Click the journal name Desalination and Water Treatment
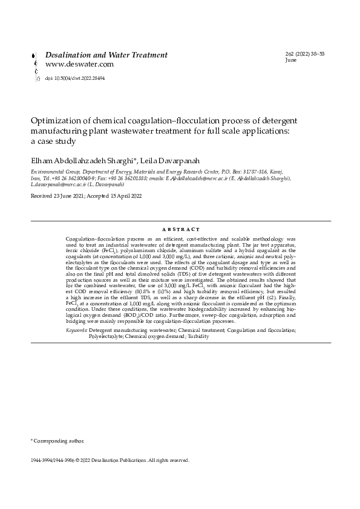tap(107, 55)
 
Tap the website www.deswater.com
tap(80, 64)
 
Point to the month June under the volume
tap(290, 61)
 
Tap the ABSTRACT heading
tap(180, 230)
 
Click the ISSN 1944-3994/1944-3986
tap(52, 460)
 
